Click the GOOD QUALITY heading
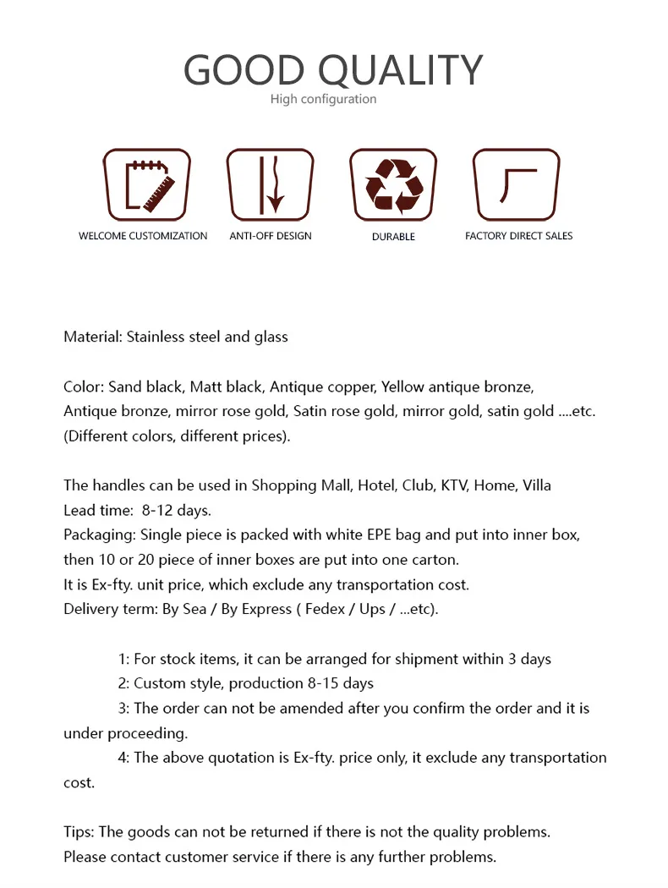333,69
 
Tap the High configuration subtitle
323,99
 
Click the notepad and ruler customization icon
146,184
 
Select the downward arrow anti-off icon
270,184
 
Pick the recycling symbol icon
393,184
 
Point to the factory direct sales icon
517,184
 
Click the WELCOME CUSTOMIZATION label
143,236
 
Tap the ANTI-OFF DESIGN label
271,236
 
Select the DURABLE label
393,237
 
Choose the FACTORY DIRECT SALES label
518,236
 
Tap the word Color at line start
83,387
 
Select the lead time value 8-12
160,510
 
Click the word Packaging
99,535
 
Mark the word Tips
79,831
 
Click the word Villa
537,485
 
